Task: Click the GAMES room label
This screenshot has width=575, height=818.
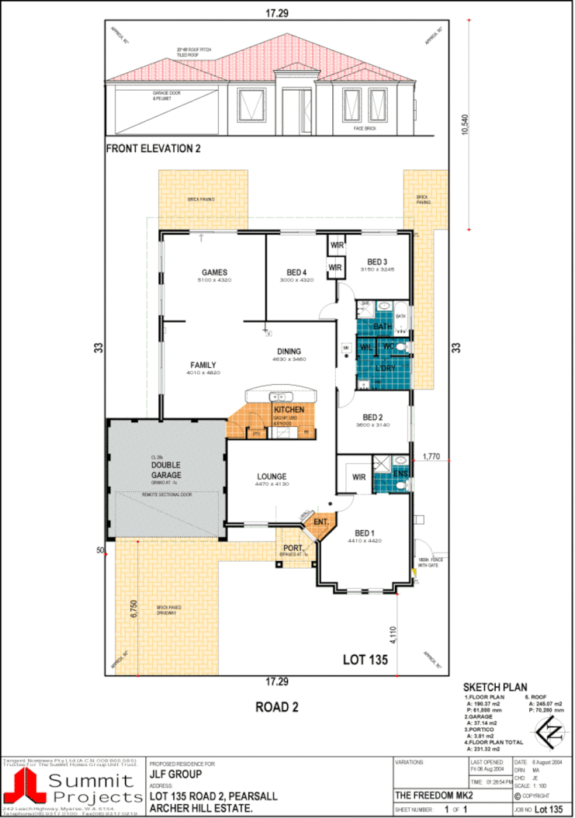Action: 215,272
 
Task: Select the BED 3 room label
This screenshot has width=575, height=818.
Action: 377,262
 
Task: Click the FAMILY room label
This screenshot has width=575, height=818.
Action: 203,365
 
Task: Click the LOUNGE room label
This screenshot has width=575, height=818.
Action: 272,477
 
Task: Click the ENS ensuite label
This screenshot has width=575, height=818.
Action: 400,473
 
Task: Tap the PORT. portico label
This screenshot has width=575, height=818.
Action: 293,549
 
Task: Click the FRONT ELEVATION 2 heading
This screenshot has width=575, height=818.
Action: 153,147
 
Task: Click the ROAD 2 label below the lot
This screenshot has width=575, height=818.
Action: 276,706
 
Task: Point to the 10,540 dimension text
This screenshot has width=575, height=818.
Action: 465,124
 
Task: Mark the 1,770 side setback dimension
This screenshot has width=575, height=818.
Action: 431,457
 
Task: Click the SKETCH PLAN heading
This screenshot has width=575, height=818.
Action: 495,688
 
